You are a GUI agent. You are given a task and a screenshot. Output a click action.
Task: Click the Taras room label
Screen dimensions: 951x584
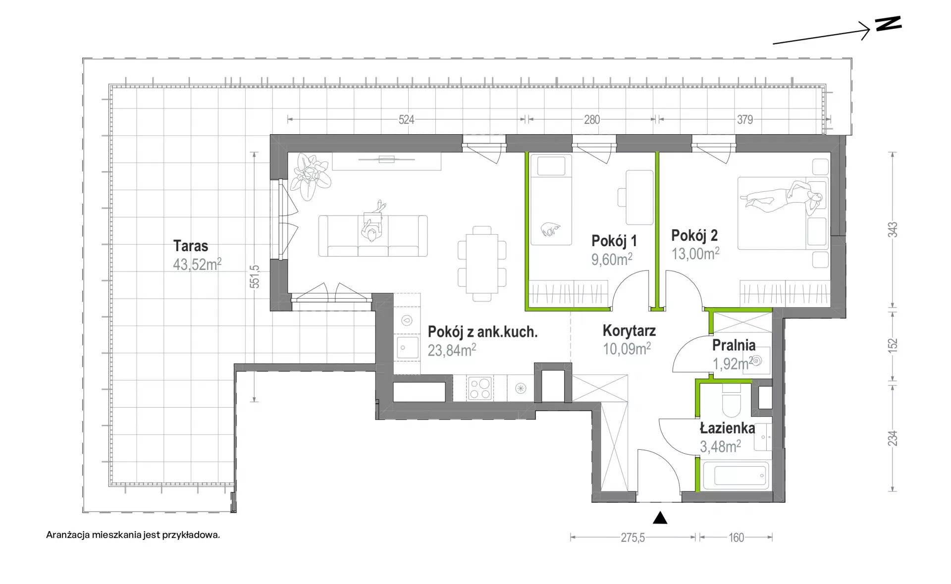tap(191, 246)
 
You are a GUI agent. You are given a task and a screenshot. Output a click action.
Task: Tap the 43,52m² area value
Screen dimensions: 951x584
tap(197, 264)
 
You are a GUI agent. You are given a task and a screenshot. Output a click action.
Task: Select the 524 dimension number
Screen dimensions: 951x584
tap(406, 119)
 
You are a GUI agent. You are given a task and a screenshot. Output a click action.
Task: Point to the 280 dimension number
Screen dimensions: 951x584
tap(592, 119)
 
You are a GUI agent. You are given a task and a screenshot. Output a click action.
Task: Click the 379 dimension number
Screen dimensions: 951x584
tap(745, 119)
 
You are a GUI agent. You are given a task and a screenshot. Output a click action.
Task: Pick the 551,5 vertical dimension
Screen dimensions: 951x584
tap(255, 277)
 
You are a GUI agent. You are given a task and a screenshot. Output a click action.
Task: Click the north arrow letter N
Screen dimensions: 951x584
tap(889, 24)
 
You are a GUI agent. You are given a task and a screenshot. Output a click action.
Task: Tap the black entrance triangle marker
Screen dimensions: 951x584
tap(660, 518)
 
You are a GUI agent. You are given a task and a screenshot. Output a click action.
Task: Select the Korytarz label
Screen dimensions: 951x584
tap(629, 330)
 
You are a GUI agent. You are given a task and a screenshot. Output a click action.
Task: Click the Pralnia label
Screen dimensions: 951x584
tap(734, 345)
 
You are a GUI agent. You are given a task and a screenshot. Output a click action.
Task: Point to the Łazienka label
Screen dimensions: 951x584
tap(728, 428)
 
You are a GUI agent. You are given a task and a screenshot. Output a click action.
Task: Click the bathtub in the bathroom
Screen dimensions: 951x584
tap(736, 476)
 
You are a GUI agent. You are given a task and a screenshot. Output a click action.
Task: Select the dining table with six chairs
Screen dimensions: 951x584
tap(482, 264)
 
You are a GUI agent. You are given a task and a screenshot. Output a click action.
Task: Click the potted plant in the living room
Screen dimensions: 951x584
tap(310, 176)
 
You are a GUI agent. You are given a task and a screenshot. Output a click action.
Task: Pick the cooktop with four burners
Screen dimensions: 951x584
tap(480, 388)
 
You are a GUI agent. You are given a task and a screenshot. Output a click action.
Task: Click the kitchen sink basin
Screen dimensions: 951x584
tap(407, 347)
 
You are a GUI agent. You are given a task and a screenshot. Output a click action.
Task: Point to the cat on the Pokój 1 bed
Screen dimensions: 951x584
tap(550, 229)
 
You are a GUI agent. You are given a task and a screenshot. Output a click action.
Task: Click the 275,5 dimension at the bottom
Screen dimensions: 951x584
tap(633, 537)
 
